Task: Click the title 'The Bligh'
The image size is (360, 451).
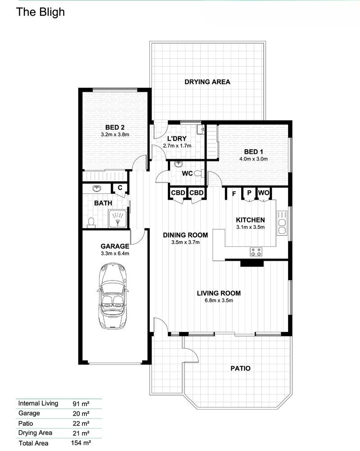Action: point(40,12)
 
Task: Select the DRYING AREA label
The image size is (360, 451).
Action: point(207,82)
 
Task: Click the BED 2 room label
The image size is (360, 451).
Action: point(115,127)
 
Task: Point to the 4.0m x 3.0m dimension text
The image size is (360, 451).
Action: point(253,159)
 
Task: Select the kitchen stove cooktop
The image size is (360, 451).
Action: point(256,252)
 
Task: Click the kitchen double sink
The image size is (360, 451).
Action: point(282,223)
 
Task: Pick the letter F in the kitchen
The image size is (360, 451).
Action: point(234,194)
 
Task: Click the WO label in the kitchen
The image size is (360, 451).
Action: point(263,193)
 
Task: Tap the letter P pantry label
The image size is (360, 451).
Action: point(248,193)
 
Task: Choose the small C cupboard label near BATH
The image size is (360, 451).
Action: point(120,188)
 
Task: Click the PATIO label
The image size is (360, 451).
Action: point(240,368)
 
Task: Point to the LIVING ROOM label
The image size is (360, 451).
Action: point(219,293)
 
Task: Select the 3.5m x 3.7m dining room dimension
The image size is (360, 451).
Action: point(185,242)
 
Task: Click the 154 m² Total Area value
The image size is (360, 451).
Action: point(81,443)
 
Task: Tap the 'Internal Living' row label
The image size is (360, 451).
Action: point(38,403)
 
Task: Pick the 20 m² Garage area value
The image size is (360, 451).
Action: point(81,413)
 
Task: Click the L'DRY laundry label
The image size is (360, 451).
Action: point(177,138)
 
